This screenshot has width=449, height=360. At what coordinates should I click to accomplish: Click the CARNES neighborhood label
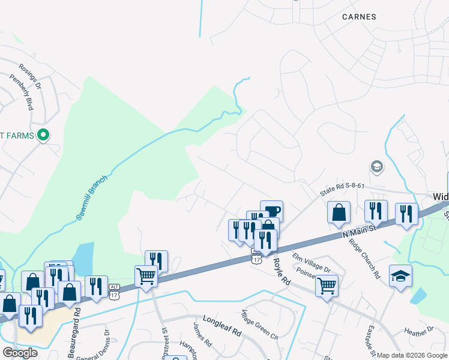pos(359,17)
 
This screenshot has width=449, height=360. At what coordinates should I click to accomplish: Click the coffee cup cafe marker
pos(271,211)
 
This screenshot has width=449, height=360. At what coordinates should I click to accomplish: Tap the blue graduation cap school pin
pos(400,276)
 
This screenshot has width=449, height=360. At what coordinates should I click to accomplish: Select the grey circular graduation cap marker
pos(377,166)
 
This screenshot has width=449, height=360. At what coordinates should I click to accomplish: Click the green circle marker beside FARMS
pos(43,135)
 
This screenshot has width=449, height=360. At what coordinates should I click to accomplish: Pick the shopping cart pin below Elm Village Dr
pos(327,285)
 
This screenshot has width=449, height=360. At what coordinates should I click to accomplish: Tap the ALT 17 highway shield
pos(115,291)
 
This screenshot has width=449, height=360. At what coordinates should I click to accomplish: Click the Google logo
pos(20,353)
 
